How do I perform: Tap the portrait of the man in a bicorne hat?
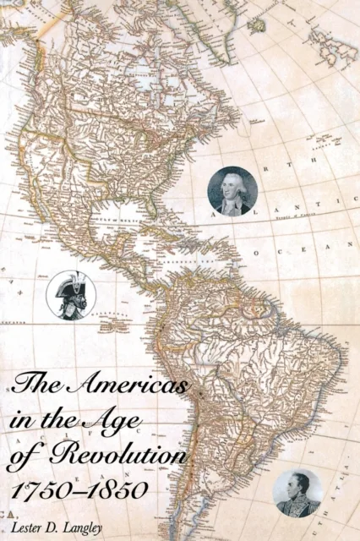coord(71,295)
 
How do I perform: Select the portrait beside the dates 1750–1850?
coord(298,492)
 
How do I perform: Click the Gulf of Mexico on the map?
coord(117,223)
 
